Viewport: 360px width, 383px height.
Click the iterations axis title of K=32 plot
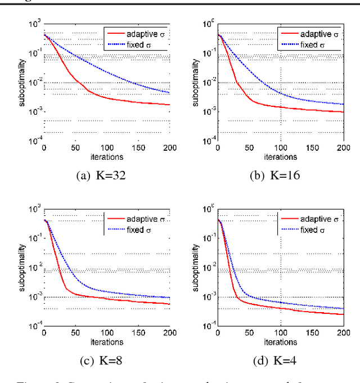[107, 157]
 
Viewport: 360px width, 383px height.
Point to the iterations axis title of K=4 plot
[281, 342]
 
